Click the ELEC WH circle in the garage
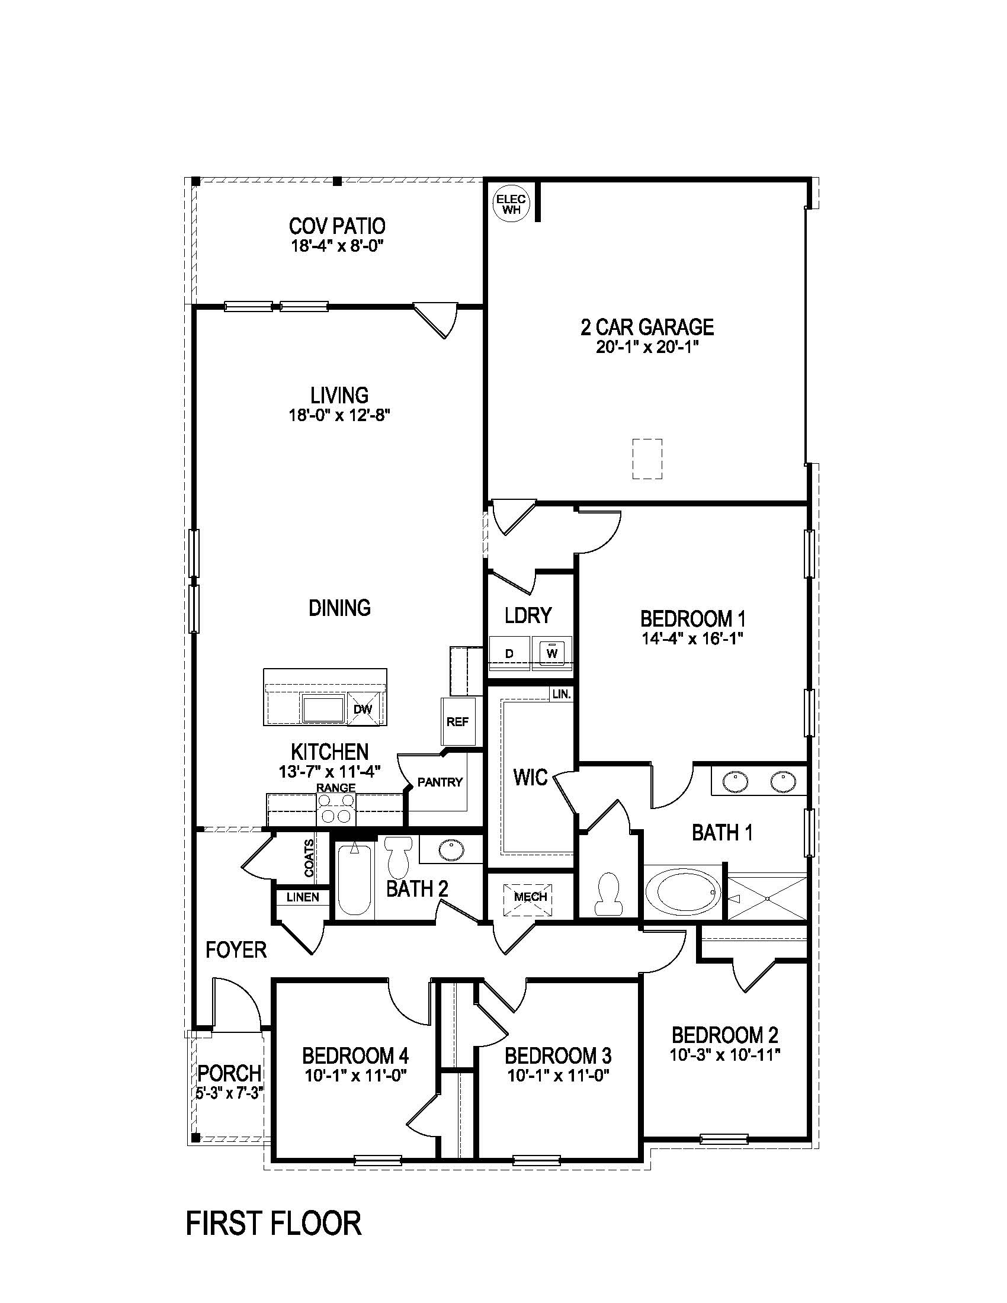[510, 205]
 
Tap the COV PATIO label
[337, 226]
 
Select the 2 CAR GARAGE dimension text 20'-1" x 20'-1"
[647, 347]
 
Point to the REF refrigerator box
[457, 722]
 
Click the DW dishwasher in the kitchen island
[363, 710]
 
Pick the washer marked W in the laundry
[552, 653]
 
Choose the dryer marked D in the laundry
[509, 654]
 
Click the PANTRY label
[440, 782]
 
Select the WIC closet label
[530, 778]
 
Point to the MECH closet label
[530, 897]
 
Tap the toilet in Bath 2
[399, 858]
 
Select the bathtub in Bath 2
[354, 881]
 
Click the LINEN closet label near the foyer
[303, 897]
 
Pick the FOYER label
[236, 950]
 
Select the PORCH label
[229, 1073]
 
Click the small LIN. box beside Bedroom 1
[562, 695]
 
